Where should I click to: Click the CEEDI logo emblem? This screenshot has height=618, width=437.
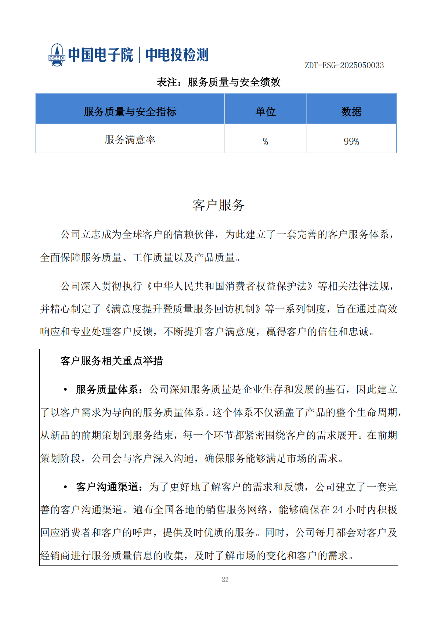(x=57, y=55)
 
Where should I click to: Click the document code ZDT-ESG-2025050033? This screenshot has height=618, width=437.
(x=344, y=65)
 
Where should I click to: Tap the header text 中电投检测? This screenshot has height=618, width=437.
(x=177, y=55)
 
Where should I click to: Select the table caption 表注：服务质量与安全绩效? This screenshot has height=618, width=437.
(x=219, y=82)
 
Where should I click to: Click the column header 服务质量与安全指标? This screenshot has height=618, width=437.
(x=130, y=112)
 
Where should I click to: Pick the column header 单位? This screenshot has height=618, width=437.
(x=266, y=112)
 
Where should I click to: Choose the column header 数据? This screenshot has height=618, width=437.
(x=351, y=112)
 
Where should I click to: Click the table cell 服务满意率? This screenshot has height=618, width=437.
(x=130, y=140)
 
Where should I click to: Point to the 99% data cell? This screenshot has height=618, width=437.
(x=351, y=141)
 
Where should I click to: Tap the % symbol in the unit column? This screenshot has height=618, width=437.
(x=266, y=141)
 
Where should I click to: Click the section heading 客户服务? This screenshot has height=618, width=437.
(x=219, y=205)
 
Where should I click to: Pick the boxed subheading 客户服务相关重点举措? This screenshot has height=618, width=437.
(x=112, y=361)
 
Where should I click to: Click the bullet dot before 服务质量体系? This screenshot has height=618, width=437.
(x=65, y=390)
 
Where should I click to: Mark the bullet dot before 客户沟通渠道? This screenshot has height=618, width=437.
(x=65, y=487)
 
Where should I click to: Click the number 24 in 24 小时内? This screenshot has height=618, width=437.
(x=338, y=510)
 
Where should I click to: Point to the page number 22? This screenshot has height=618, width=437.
(x=225, y=579)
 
